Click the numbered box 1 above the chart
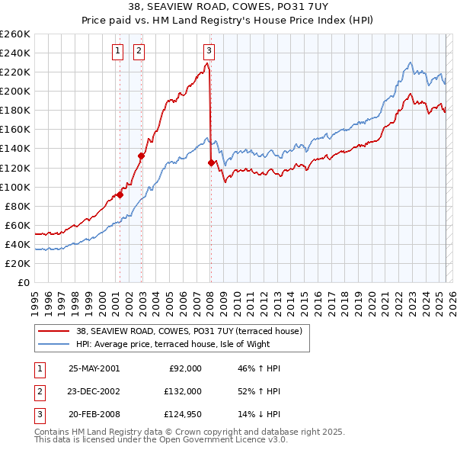click(119, 51)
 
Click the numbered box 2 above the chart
click(140, 51)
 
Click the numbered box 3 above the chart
click(209, 51)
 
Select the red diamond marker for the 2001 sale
click(120, 194)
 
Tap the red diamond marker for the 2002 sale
click(141, 156)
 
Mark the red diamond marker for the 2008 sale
click(210, 162)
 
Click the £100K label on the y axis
click(15, 187)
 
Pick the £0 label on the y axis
click(23, 282)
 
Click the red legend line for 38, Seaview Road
click(54, 331)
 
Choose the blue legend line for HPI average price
click(54, 344)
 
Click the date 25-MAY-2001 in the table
click(94, 368)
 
